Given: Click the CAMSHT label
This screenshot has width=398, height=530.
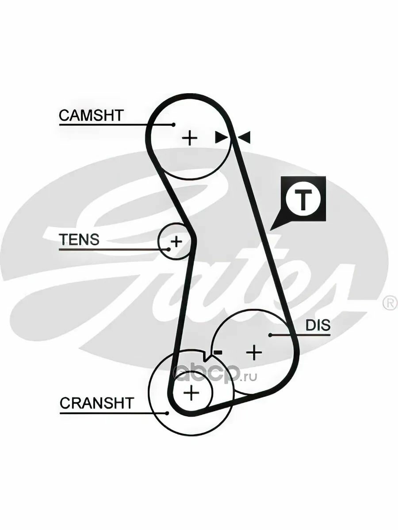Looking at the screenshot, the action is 91,115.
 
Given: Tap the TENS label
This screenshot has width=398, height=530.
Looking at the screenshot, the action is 80,239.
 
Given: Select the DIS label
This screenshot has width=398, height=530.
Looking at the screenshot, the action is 318,325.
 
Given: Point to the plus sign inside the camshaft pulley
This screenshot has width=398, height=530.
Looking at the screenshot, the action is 190,138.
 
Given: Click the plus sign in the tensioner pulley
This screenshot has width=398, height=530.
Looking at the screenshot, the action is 176,241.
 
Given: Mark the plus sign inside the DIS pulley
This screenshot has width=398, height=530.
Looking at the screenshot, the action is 254,352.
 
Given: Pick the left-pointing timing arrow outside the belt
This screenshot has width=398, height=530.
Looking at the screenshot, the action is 244,137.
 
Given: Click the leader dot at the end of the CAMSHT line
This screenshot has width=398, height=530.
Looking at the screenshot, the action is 173,125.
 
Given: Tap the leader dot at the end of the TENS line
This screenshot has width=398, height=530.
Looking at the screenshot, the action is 168,249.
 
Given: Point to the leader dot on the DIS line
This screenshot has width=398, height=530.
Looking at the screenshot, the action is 270,335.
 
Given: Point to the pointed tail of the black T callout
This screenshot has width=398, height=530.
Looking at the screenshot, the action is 271,230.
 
